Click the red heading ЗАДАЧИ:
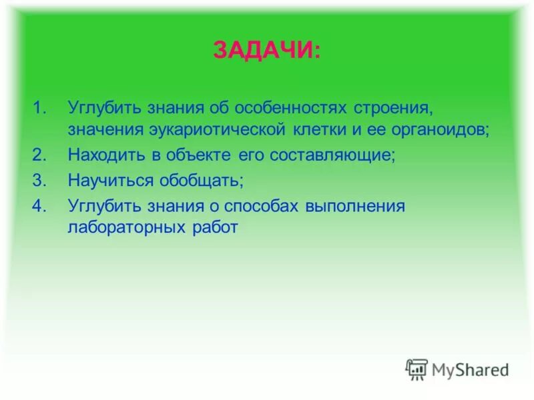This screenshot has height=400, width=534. [x=266, y=50]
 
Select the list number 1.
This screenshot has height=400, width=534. [x=41, y=107]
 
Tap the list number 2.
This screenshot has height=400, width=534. [x=41, y=155]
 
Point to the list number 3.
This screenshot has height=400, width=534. [x=41, y=180]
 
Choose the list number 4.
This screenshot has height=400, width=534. [x=41, y=205]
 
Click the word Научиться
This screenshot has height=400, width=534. [x=110, y=181]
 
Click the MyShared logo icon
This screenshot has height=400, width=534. [x=417, y=369]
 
